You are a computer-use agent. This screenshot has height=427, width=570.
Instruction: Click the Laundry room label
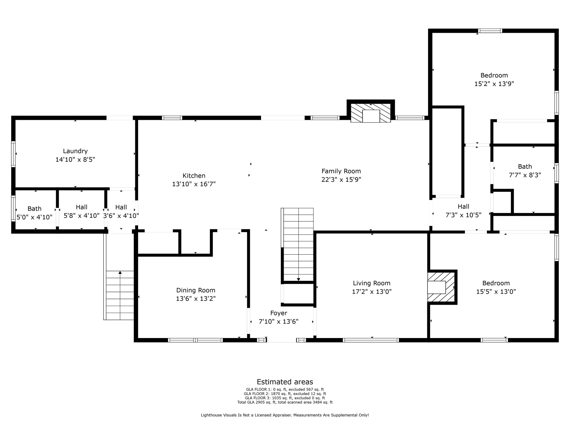[75, 151]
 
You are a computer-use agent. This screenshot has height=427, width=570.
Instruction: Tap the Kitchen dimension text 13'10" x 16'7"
[194, 184]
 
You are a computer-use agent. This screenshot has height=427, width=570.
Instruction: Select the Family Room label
[341, 171]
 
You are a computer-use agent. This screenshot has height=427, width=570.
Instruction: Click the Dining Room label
[196, 291]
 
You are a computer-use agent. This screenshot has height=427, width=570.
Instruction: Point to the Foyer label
[279, 313]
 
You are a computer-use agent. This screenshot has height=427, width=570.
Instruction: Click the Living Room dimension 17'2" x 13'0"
[372, 292]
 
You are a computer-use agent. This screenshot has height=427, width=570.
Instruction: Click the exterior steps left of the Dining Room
[119, 295]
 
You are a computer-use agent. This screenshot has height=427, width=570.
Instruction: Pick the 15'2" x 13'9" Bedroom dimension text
[494, 84]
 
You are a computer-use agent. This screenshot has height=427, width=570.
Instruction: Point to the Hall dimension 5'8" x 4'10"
[82, 216]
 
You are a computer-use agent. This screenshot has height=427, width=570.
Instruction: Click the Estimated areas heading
[285, 382]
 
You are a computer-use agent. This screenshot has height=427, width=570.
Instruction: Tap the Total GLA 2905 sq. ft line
[285, 402]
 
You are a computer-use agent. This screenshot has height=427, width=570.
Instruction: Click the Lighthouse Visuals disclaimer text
[285, 415]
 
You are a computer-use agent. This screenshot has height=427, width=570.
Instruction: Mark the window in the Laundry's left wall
[13, 154]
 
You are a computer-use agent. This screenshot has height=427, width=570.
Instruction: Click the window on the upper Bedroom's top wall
[490, 31]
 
